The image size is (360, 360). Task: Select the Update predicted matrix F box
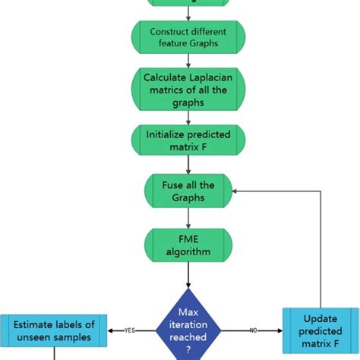click(321, 330)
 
